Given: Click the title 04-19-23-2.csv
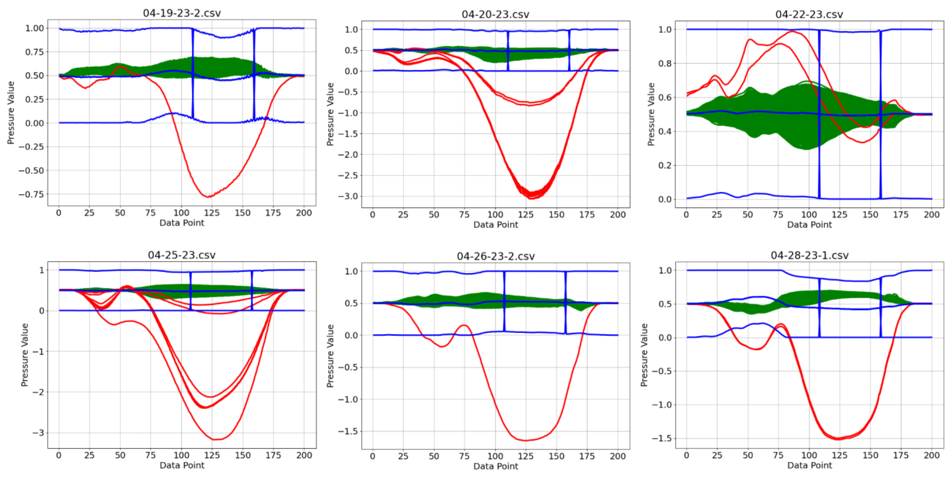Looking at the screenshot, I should click(182, 13).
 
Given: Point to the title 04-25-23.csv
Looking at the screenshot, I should click(182, 255).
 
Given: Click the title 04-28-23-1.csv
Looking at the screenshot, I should click(809, 255).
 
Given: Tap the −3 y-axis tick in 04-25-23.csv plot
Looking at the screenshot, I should click(38, 432).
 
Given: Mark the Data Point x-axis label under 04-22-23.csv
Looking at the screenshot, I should click(809, 225).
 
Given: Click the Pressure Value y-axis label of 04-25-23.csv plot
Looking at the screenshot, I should click(24, 355).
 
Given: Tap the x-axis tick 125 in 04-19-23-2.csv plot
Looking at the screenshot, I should click(212, 213).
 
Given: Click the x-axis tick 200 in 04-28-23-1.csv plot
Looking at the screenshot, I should click(931, 455).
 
